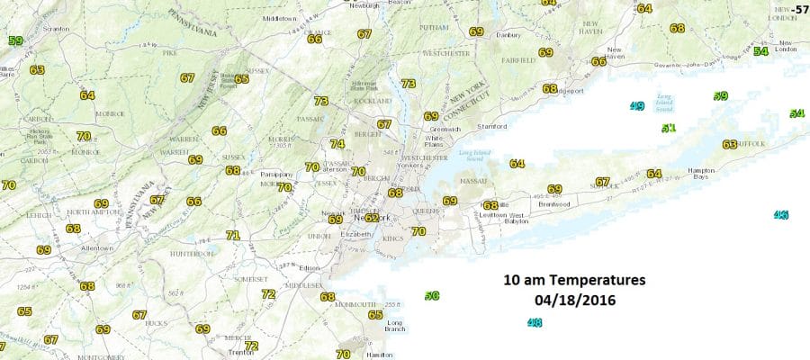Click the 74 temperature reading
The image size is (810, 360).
[337, 144]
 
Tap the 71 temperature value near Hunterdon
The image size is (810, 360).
[233, 236]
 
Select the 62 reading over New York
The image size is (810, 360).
[372, 218]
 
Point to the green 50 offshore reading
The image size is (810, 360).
[432, 295]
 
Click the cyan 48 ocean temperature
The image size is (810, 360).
[535, 323]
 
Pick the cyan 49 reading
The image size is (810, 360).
[637, 107]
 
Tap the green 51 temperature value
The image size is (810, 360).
[669, 129]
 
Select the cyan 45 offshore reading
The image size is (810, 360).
[780, 215]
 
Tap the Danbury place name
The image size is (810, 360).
[509, 35]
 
